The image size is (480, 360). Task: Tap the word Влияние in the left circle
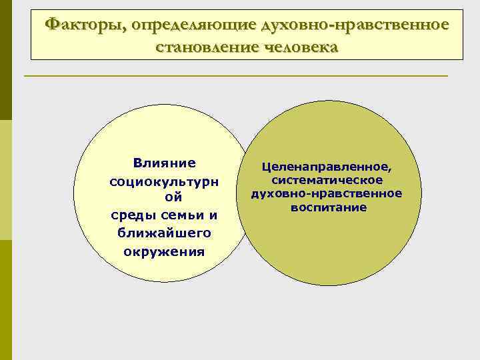(x=164, y=163)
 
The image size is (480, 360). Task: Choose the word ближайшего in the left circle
(x=164, y=233)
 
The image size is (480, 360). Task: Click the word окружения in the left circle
(x=164, y=251)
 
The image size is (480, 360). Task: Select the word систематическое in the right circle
(x=327, y=180)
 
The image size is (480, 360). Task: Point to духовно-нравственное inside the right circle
(x=327, y=193)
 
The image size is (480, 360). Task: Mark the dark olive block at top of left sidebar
(x=6, y=60)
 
